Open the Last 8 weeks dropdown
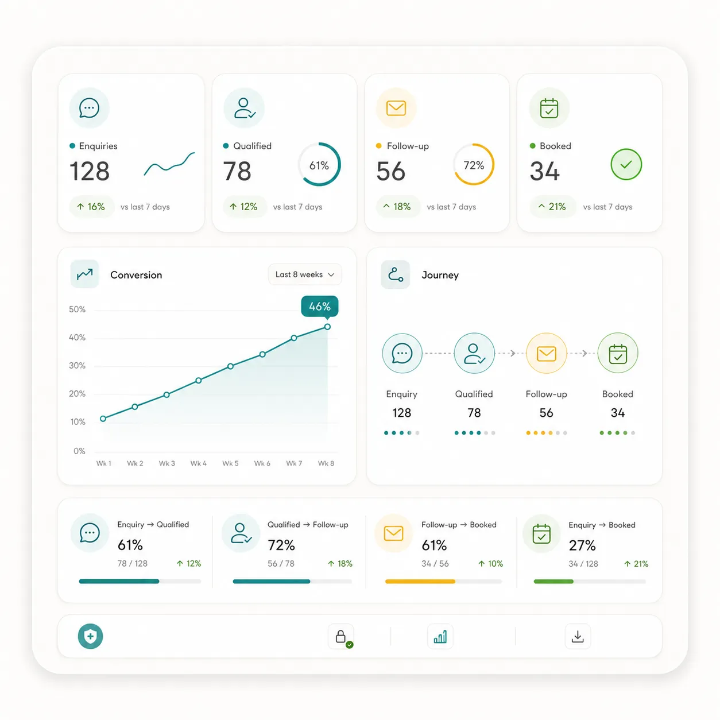pos(304,274)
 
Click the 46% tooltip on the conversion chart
pos(319,307)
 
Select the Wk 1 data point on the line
pos(103,419)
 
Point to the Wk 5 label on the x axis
pos(230,463)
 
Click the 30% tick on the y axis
pos(77,365)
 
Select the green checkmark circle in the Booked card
pos(626,164)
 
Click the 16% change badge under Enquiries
pos(91,207)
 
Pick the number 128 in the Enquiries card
pos(90,171)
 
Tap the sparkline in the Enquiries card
pos(169,165)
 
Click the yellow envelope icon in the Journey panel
pos(546,354)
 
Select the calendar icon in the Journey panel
pos(618,354)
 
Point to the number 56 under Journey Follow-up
pos(546,412)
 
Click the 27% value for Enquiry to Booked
pos(582,545)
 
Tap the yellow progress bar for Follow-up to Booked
pos(420,582)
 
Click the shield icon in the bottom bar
pos(90,636)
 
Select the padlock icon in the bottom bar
pos(340,636)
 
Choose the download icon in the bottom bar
pos(578,636)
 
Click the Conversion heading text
pos(137,275)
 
